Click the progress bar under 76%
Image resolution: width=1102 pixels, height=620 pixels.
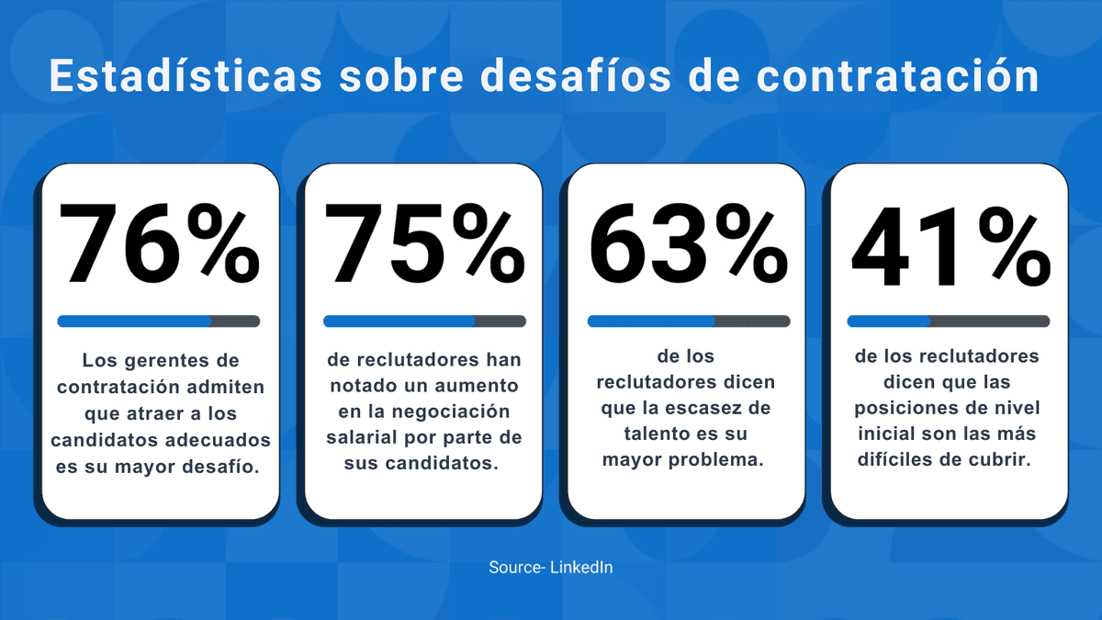pyautogui.click(x=159, y=321)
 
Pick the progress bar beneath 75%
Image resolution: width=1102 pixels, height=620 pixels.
pyautogui.click(x=424, y=321)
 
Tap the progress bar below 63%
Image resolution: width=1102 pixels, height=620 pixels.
pyautogui.click(x=689, y=321)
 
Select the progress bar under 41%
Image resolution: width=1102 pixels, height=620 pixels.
pyautogui.click(x=949, y=321)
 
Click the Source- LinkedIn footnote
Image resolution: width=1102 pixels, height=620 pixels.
pyautogui.click(x=551, y=568)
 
